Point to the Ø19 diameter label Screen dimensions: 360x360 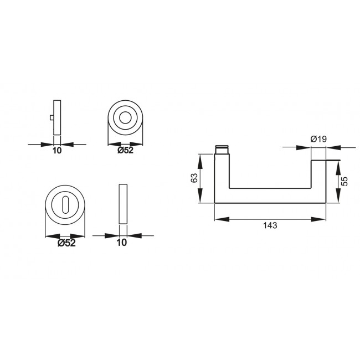pos(317,140)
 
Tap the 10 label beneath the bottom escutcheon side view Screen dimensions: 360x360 pos(122,242)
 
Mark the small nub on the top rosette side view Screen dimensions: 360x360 pos(50,118)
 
